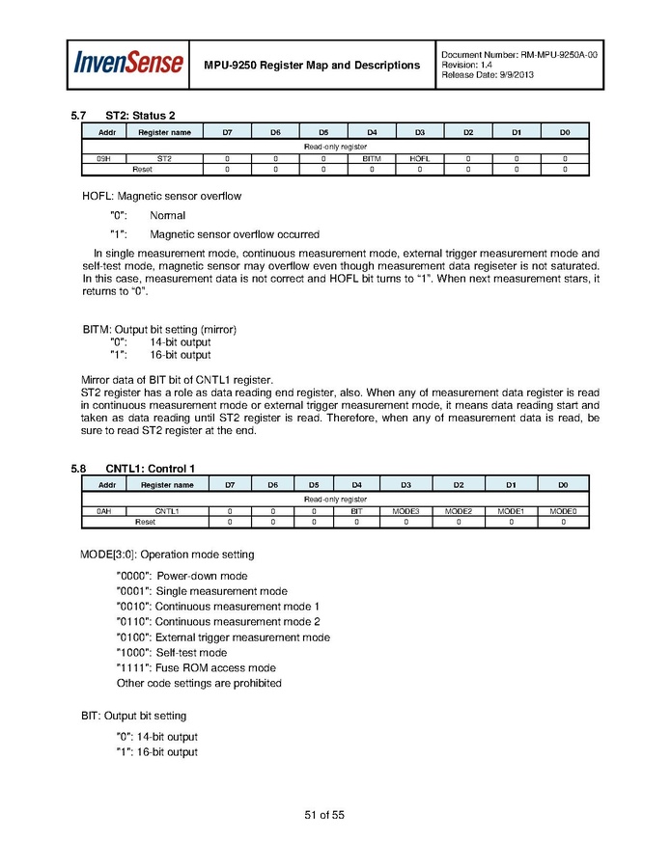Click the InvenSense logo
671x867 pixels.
(128, 64)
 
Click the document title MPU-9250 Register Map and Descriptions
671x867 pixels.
(312, 65)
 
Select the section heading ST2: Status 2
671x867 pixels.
(140, 116)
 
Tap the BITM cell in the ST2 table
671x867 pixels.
(372, 158)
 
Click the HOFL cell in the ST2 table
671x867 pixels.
(419, 158)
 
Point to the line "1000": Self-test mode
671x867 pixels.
(172, 653)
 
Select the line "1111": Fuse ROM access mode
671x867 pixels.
(196, 668)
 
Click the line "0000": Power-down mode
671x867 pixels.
(182, 576)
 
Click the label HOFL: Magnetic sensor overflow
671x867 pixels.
(162, 196)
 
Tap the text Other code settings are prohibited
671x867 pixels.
(199, 684)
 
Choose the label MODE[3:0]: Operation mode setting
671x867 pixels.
(167, 555)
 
